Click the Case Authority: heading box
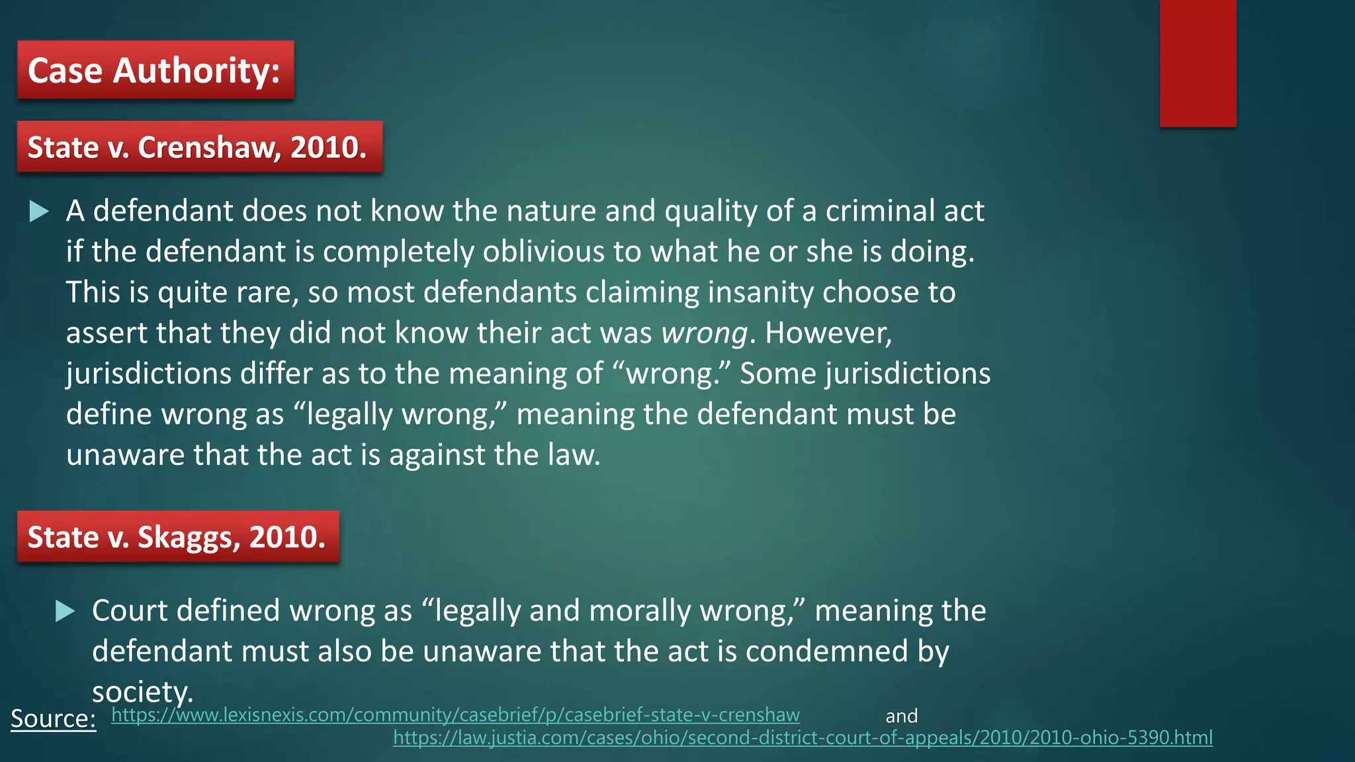point(155,70)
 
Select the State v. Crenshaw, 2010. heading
point(199,147)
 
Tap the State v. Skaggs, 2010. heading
point(178,537)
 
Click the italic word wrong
point(705,333)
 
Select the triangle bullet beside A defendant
point(40,212)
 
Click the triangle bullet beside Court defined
point(66,611)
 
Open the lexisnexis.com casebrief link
point(455,715)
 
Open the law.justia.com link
point(803,738)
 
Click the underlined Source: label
point(54,718)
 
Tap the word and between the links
point(901,716)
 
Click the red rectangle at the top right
point(1198,63)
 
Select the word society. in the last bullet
point(142,692)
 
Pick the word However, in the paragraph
point(828,333)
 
